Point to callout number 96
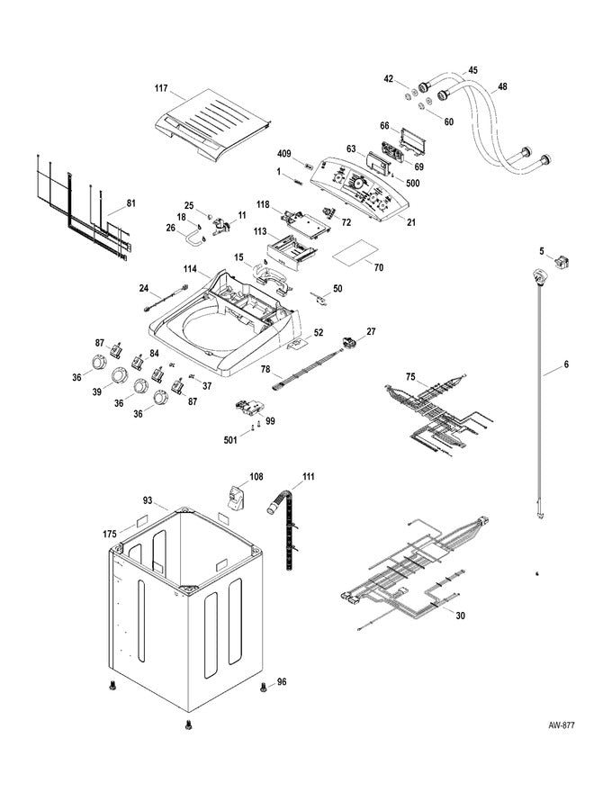[x=282, y=681]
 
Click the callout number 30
[x=462, y=616]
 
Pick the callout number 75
[x=409, y=377]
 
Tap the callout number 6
[x=566, y=364]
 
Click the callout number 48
[x=501, y=87]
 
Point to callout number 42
[x=389, y=79]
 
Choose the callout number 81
[x=130, y=203]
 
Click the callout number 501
[x=230, y=439]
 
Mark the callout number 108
[x=256, y=476]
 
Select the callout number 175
[x=109, y=535]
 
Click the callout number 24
[x=143, y=288]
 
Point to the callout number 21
[x=411, y=220]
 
